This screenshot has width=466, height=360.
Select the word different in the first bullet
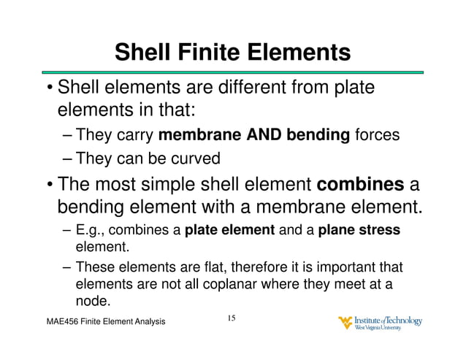[245, 88]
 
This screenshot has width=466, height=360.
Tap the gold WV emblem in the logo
[345, 323]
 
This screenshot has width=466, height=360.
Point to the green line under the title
[233, 72]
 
